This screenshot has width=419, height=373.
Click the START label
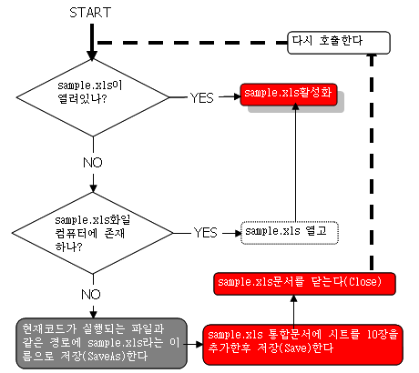(x=90, y=13)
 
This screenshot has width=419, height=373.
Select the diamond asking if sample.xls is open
(x=93, y=97)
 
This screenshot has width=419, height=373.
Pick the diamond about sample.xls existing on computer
(x=93, y=233)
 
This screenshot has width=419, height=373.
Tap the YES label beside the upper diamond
(x=202, y=97)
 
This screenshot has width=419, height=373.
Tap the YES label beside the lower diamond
(x=206, y=233)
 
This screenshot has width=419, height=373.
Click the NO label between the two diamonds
(x=93, y=163)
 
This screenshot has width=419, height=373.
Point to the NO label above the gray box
(x=91, y=295)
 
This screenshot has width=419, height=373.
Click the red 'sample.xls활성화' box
(x=289, y=95)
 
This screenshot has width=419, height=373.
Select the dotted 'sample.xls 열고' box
(x=290, y=233)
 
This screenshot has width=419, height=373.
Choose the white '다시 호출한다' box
(x=339, y=43)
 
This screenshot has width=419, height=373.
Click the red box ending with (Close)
(x=304, y=284)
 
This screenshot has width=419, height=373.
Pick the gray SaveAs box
(x=101, y=343)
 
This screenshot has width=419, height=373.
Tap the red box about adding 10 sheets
(x=302, y=344)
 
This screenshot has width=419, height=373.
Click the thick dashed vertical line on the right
(x=372, y=162)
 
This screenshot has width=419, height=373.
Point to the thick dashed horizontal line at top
(x=192, y=43)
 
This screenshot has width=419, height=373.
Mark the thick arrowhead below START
(x=92, y=55)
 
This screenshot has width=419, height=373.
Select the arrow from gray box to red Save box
(x=195, y=344)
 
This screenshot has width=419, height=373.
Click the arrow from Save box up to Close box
(x=293, y=310)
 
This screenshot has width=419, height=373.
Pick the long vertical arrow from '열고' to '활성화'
(x=295, y=162)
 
